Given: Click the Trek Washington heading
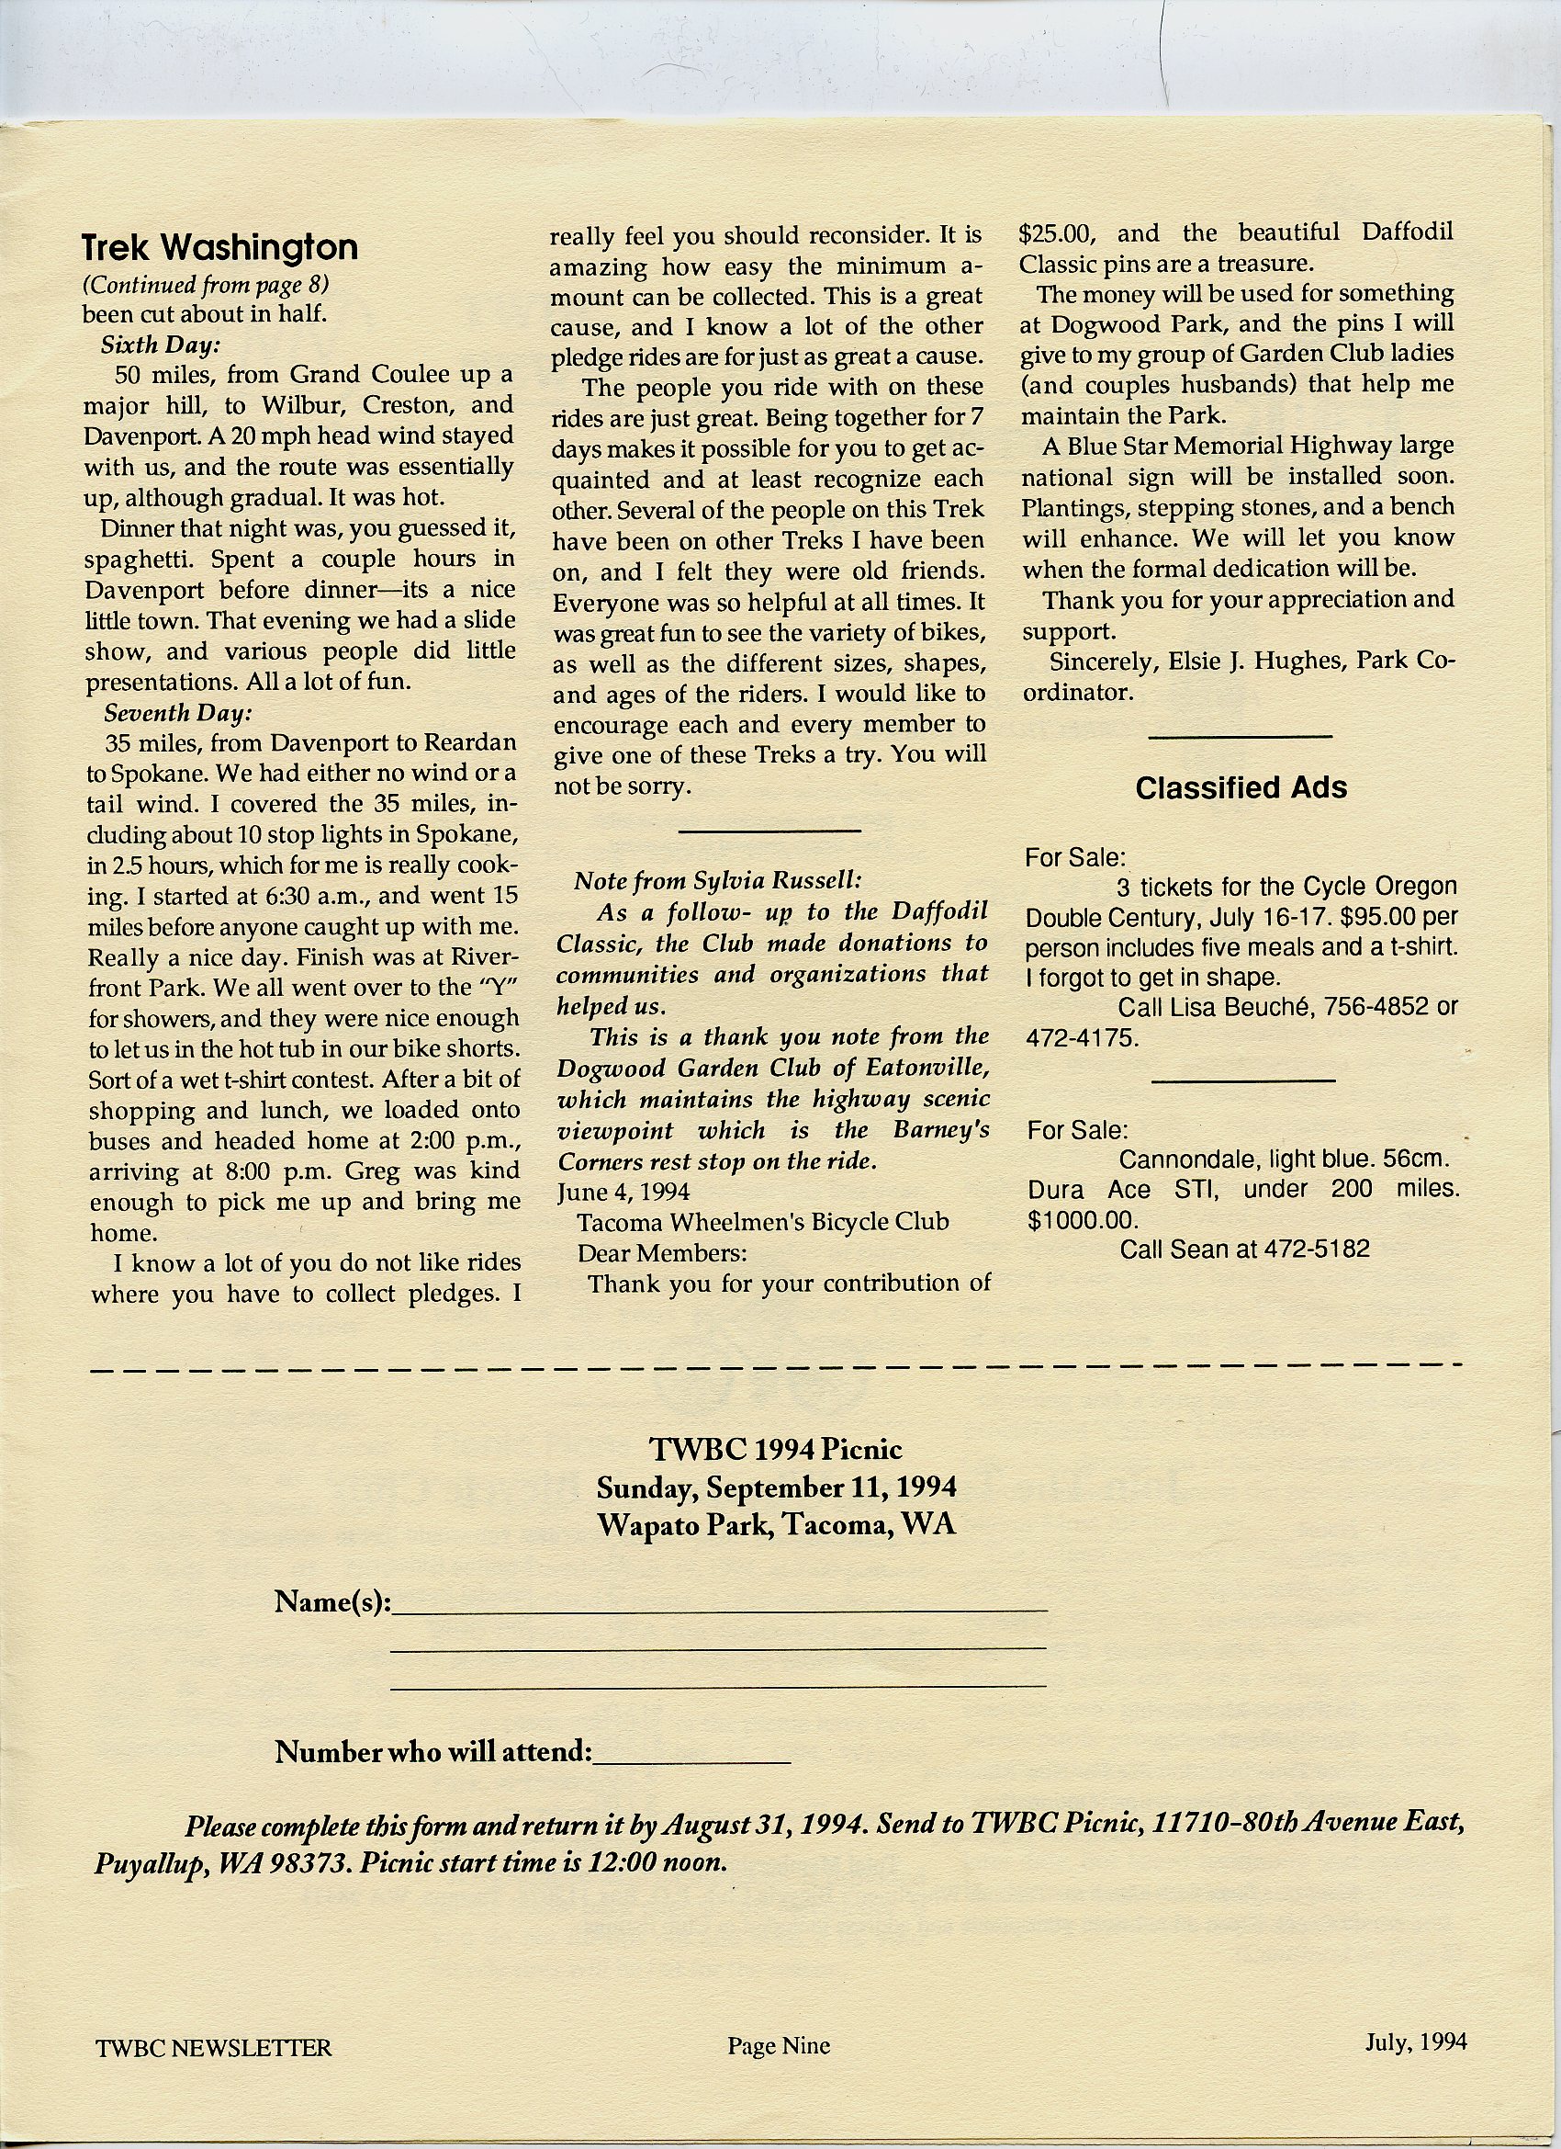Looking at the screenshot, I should [x=219, y=247].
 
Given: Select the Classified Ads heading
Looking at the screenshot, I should [x=1240, y=787].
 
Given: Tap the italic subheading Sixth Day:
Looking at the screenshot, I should [x=160, y=345].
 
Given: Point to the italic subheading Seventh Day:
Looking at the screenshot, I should [x=177, y=713].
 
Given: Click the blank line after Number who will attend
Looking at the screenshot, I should [x=691, y=1755].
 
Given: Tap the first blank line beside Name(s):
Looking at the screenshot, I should [x=720, y=1604].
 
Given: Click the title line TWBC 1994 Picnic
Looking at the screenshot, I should [x=776, y=1449].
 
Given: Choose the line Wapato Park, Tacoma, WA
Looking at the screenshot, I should [x=776, y=1524].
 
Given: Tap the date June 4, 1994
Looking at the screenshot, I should [x=623, y=1191].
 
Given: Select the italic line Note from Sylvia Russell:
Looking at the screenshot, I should [x=717, y=880].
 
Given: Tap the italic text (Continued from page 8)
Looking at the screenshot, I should [x=206, y=284].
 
